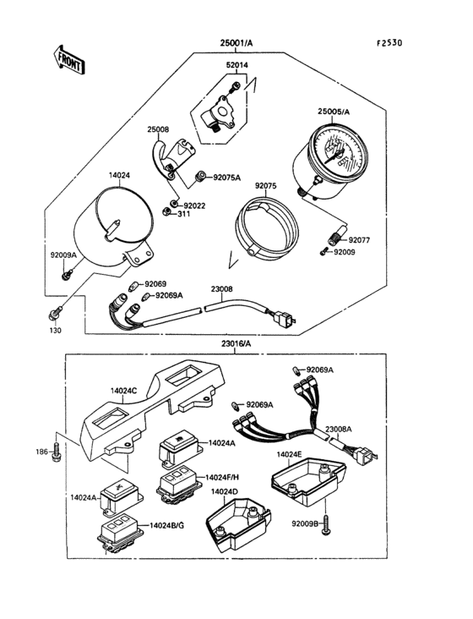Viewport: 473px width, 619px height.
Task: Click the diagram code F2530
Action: click(x=389, y=42)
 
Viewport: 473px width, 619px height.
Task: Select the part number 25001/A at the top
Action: click(x=236, y=42)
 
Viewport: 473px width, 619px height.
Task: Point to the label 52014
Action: click(x=236, y=65)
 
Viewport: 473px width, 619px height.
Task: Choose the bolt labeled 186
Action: click(x=57, y=453)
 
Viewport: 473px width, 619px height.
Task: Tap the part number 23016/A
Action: click(x=236, y=343)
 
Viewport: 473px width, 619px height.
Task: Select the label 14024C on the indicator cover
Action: click(x=124, y=391)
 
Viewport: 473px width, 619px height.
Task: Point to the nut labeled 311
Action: click(x=166, y=211)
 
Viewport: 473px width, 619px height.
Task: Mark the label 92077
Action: click(x=359, y=240)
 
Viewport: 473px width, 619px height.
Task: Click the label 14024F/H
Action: click(x=222, y=477)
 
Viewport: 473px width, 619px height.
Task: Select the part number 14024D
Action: click(x=225, y=492)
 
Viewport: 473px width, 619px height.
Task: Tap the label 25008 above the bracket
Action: click(x=158, y=129)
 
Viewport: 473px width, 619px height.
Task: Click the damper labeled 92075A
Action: click(x=200, y=177)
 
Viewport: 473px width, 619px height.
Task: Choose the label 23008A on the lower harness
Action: click(x=339, y=430)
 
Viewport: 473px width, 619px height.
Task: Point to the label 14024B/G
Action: click(x=166, y=525)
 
